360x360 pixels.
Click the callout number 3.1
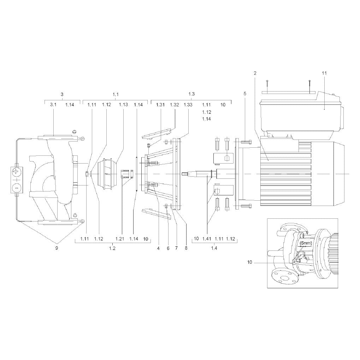pyautogui.click(x=53, y=105)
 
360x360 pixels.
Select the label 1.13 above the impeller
pyautogui.click(x=123, y=105)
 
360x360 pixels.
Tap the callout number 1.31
pyautogui.click(x=160, y=105)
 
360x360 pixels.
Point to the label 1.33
pyautogui.click(x=188, y=105)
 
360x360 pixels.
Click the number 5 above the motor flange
pyautogui.click(x=245, y=93)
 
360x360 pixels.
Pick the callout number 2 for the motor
pyautogui.click(x=255, y=73)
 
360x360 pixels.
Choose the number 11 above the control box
pyautogui.click(x=324, y=73)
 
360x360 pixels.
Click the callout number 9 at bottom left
pyautogui.click(x=57, y=248)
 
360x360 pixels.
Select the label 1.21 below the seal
pyautogui.click(x=120, y=239)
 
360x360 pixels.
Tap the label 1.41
pyautogui.click(x=207, y=239)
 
